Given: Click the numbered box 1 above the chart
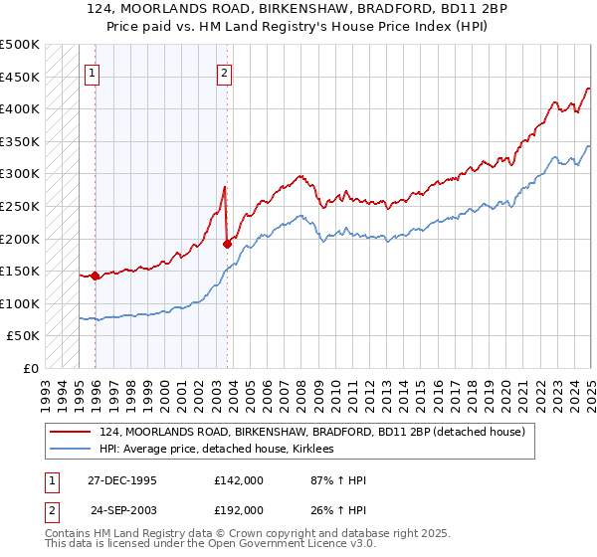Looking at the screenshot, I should pyautogui.click(x=92, y=72).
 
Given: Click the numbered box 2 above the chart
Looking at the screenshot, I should pyautogui.click(x=224, y=72).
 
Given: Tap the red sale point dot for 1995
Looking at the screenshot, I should pyautogui.click(x=96, y=277).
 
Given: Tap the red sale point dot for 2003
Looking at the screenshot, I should pyautogui.click(x=228, y=244).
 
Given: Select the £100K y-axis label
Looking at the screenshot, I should pyautogui.click(x=22, y=303).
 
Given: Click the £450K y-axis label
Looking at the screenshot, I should pyautogui.click(x=22, y=77).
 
